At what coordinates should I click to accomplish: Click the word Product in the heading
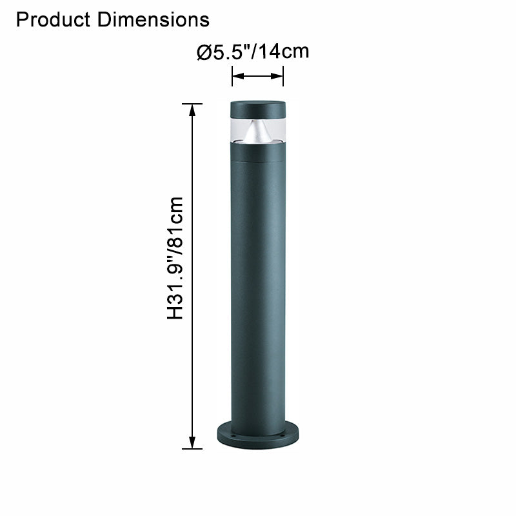[54, 20]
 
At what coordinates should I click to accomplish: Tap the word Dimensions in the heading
[154, 20]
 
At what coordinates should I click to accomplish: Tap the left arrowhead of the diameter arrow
[236, 77]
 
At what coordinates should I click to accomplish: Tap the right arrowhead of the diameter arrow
[279, 77]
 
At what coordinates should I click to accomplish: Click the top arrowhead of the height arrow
[192, 109]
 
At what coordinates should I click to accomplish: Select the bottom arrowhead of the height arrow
[192, 443]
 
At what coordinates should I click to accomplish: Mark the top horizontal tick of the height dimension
[192, 103]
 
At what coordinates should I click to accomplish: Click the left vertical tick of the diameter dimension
[232, 77]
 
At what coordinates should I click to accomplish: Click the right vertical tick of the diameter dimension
[283, 77]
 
